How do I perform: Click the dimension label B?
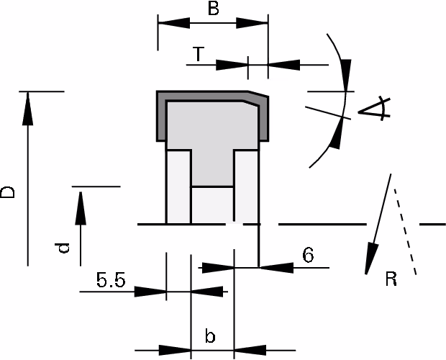point(214,8)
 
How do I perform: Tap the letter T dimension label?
point(199,54)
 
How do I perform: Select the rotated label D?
point(7,192)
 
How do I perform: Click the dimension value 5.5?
point(111,280)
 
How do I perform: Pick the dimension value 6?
point(308,255)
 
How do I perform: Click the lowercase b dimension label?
point(210,336)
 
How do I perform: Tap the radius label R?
point(391,279)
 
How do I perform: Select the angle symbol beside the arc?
point(374,108)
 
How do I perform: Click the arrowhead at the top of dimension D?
point(27,108)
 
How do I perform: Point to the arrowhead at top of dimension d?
point(81,208)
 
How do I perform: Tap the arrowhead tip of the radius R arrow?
point(366,274)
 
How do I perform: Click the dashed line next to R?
point(405,232)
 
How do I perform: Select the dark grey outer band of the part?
point(161,117)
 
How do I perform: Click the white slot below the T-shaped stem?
point(212,205)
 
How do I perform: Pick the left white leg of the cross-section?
point(178,187)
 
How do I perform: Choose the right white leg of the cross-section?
point(246,187)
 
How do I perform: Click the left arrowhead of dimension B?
point(174,23)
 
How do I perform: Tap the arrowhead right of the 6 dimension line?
point(277,268)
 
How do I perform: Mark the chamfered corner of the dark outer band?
point(258,94)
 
